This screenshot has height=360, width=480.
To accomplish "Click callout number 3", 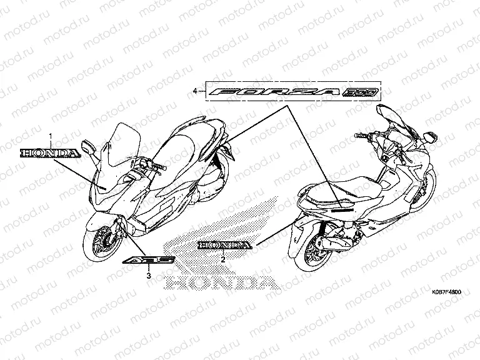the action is [x=149, y=274].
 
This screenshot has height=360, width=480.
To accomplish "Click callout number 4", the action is [x=196, y=91].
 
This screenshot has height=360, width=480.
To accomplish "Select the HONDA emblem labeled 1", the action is [x=49, y=152].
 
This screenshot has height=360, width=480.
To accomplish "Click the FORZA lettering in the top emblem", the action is [x=276, y=92].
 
